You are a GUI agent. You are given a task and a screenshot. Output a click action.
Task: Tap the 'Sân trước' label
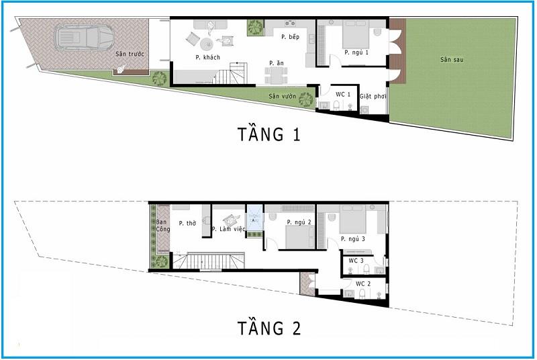(129, 54)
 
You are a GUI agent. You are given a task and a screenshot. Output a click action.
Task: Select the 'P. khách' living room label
(207, 57)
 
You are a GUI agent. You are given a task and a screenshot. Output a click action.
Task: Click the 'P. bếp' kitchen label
(290, 36)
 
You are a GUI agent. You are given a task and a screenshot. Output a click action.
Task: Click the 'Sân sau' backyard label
(452, 60)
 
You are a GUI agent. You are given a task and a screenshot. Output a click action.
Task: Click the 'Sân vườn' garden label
(283, 96)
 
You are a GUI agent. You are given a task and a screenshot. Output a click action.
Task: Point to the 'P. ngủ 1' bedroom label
(356, 52)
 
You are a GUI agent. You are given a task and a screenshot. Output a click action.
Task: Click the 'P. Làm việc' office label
(228, 230)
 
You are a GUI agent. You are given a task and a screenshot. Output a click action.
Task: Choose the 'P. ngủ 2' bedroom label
(298, 222)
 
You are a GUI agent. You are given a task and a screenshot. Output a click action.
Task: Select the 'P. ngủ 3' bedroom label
(352, 238)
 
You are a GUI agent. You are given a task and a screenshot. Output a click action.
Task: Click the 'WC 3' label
(356, 261)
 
